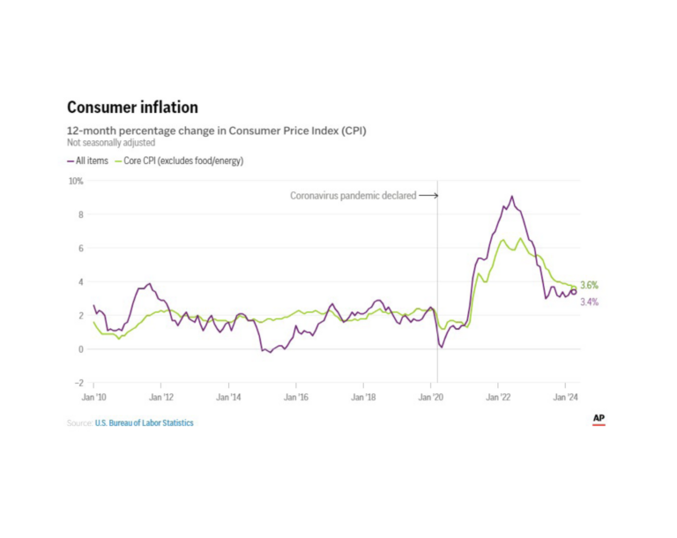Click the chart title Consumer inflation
(x=132, y=108)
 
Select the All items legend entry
(x=88, y=161)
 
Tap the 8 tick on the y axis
(x=79, y=214)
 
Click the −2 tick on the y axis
(x=78, y=383)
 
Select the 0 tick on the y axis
(x=79, y=349)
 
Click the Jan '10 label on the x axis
(x=93, y=399)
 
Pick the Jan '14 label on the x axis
(x=228, y=399)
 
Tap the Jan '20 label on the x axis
(x=430, y=399)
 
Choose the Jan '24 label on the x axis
(x=565, y=399)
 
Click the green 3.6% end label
(x=589, y=286)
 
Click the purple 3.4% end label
(x=589, y=303)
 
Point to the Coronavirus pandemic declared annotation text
(x=353, y=196)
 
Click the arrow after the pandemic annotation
(x=428, y=196)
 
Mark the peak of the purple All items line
(x=512, y=197)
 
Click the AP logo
(x=599, y=419)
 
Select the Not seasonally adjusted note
(x=110, y=142)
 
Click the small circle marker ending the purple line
(x=574, y=292)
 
